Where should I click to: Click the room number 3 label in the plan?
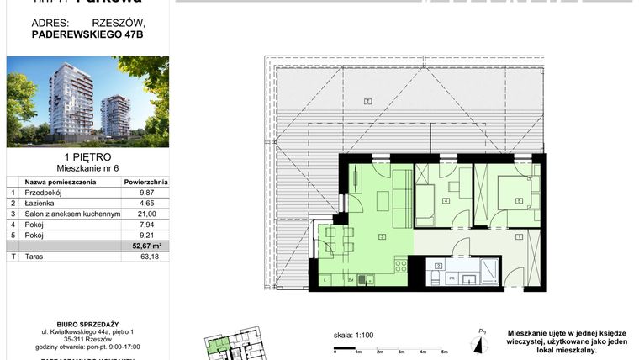(x=383, y=237)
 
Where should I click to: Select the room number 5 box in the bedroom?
(x=519, y=199)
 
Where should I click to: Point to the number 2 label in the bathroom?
(x=438, y=266)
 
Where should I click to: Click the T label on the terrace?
(x=368, y=101)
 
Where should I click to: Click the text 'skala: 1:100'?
(x=353, y=335)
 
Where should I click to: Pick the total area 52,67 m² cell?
(x=145, y=246)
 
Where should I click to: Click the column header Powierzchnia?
(x=145, y=181)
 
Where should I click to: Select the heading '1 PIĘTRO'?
(x=87, y=156)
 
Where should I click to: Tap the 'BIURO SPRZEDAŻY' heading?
(x=87, y=323)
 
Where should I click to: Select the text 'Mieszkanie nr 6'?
(x=87, y=168)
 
